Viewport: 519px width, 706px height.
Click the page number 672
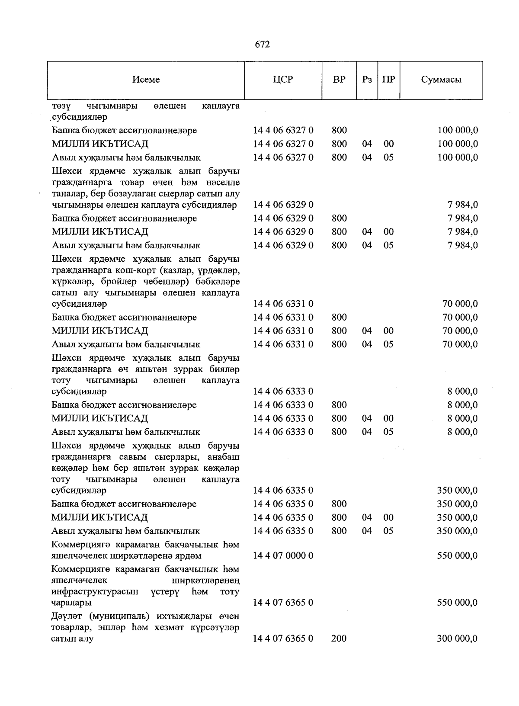[x=262, y=45]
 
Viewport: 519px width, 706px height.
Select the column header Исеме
[x=146, y=80]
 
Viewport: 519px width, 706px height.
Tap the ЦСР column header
[x=283, y=80]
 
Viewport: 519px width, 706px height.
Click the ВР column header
[x=339, y=80]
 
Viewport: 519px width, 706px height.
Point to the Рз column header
[x=367, y=80]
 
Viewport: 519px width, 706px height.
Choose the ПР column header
[x=388, y=80]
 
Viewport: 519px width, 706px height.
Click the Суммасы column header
[x=441, y=80]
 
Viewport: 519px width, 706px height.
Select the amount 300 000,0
[x=457, y=638]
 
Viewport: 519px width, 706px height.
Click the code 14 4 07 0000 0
[x=283, y=555]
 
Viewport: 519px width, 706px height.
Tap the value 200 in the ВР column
[x=339, y=638]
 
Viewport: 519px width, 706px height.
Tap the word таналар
[x=67, y=193]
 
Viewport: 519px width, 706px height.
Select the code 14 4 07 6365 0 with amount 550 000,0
[x=283, y=602]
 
